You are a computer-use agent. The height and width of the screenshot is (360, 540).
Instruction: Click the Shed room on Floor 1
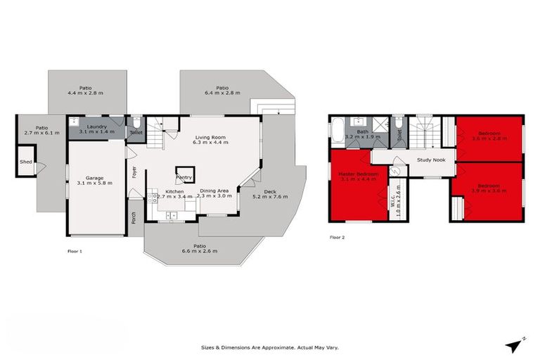pos(26,162)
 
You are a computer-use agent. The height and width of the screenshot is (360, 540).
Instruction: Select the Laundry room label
pos(92,127)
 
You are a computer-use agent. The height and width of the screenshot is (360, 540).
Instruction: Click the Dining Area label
pos(214,191)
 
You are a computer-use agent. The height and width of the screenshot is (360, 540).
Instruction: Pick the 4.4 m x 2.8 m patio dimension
pos(85,93)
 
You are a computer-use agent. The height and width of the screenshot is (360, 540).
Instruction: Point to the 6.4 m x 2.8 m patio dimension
pos(222,93)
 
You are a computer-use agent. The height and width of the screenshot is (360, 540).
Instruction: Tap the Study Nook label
pos(431,160)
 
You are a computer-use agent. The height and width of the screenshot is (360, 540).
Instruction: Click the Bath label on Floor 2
pos(362,131)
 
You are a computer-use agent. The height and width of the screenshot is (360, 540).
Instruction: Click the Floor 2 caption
pos(337,238)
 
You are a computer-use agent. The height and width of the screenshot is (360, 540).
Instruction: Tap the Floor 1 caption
pos(75,250)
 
